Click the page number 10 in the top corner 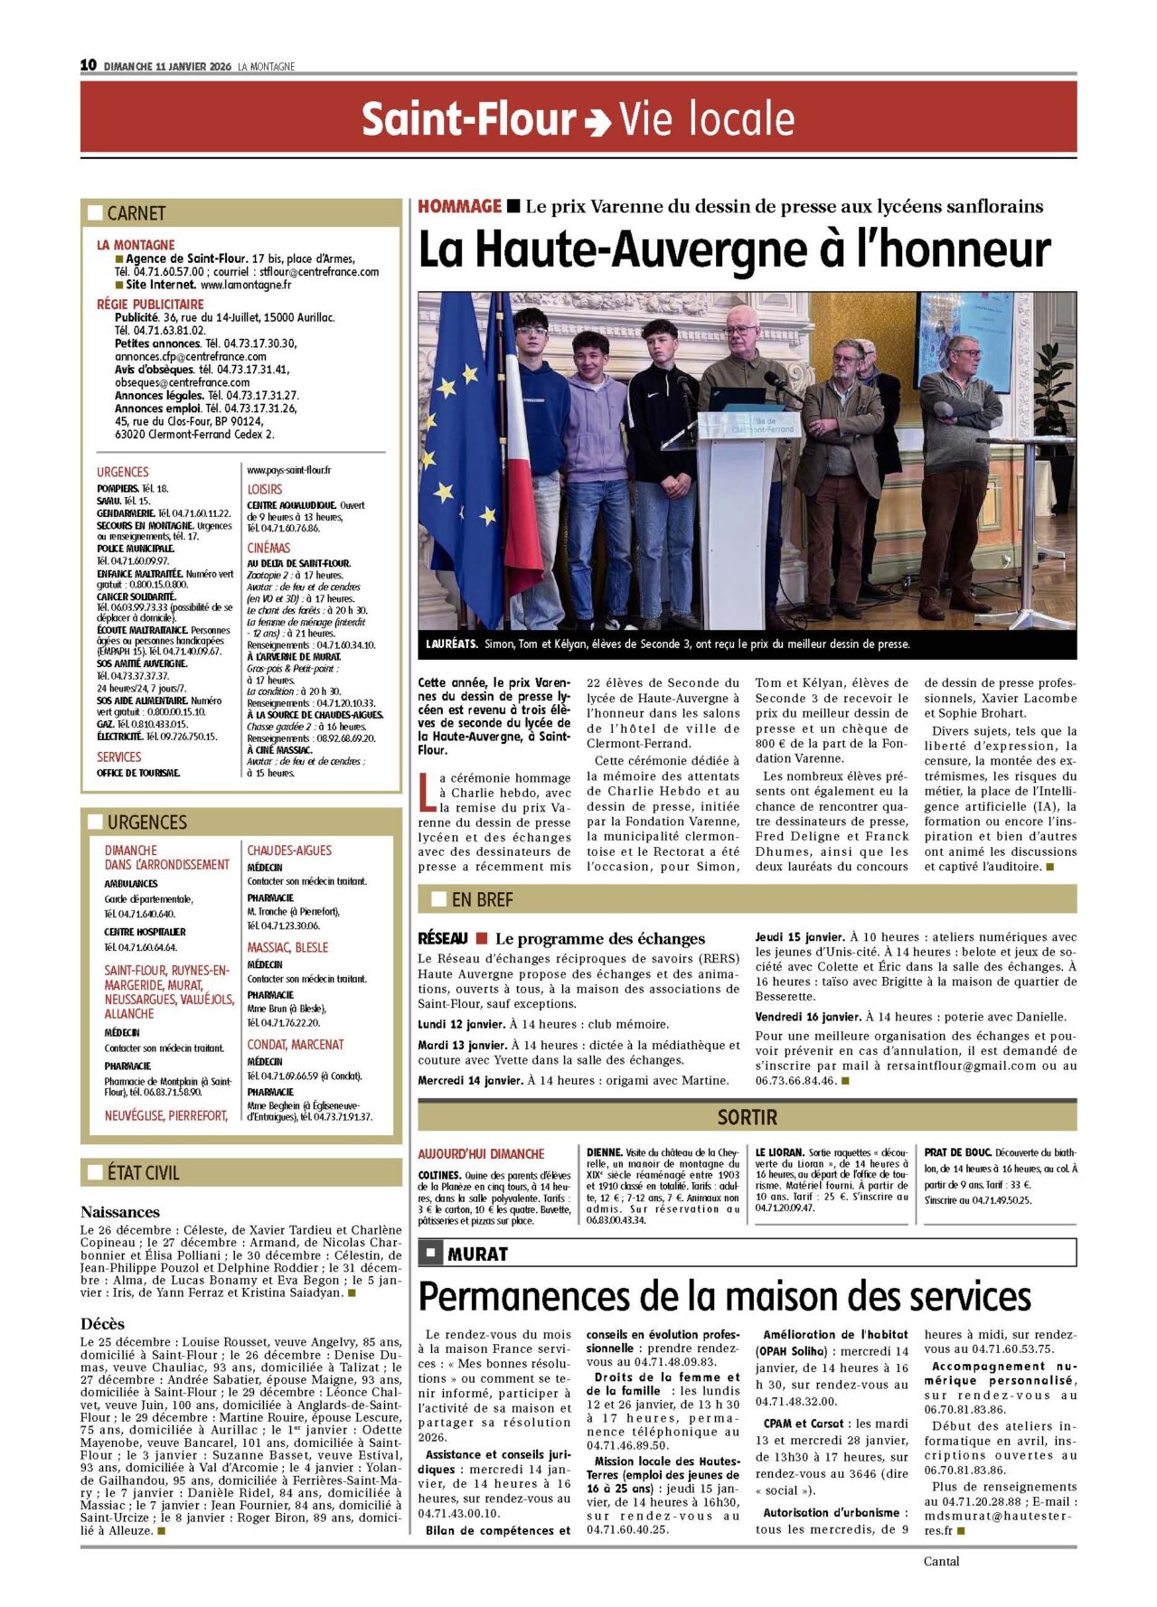tap(88, 65)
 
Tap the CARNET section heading tap(136, 213)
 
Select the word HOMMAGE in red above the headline tap(459, 207)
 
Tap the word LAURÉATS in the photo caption tap(451, 644)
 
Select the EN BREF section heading tap(482, 899)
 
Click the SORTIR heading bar tap(747, 1117)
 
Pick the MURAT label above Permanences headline tap(477, 1254)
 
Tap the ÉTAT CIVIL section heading tap(143, 1172)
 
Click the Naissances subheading tap(119, 1212)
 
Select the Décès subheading tap(102, 1324)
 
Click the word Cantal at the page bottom tap(941, 1561)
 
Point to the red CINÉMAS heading tap(268, 548)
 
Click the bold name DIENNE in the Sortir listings tap(604, 1152)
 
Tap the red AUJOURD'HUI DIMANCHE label tap(481, 1154)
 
